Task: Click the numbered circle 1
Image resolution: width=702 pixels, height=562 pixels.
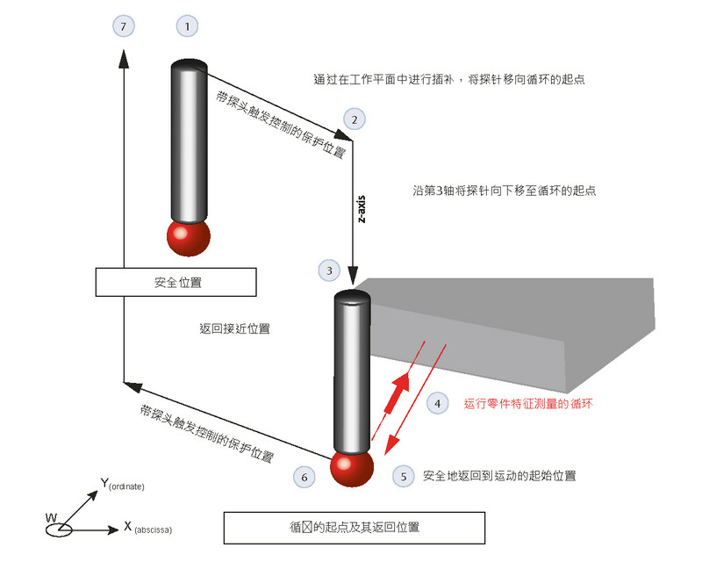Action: [188, 27]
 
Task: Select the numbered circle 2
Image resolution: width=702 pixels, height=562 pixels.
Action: [353, 119]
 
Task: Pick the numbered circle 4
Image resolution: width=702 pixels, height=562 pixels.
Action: [436, 404]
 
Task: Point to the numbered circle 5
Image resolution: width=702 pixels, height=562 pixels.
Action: [403, 476]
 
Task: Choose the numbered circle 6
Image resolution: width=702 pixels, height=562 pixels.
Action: [304, 477]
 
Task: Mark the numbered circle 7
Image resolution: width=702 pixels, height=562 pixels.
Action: [125, 27]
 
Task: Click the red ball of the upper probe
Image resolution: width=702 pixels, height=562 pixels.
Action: [189, 238]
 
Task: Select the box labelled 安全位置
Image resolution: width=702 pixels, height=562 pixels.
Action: [175, 283]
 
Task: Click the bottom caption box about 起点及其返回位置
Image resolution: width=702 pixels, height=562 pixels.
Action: [354, 527]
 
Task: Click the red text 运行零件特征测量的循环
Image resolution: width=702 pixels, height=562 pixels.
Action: [529, 405]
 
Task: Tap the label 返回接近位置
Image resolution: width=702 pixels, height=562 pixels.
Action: [234, 329]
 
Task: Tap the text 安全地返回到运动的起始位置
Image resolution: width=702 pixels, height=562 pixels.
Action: [498, 476]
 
